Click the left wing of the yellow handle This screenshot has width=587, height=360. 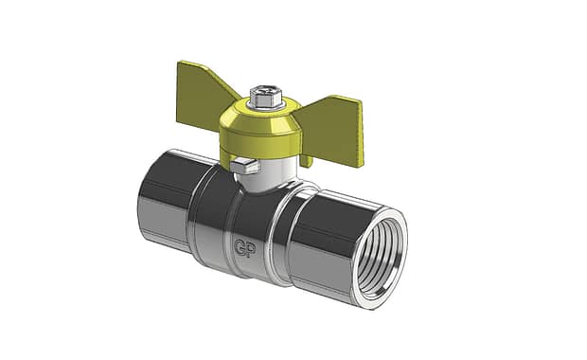204,94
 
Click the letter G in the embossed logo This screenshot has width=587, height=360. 240,247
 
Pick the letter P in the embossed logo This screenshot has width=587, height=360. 252,250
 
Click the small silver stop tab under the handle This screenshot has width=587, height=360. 244,166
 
